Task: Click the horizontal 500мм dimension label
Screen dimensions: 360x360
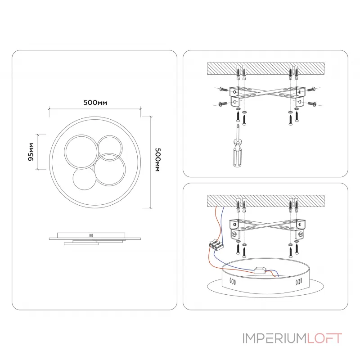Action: point(95,103)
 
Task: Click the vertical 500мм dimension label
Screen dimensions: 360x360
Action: point(158,160)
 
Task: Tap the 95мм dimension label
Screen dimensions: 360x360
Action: point(31,152)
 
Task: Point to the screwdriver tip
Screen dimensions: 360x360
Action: point(238,125)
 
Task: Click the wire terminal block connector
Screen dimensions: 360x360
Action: point(216,244)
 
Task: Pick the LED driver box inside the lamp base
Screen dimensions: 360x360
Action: point(260,270)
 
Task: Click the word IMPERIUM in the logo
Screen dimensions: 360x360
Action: point(274,338)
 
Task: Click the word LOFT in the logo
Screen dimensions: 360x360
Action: point(324,338)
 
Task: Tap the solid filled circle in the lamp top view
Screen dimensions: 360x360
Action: point(84,179)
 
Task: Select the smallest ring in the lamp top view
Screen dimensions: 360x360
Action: point(110,148)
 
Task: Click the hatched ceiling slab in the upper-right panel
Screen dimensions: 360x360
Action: point(265,68)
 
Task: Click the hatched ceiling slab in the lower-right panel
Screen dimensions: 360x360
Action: point(265,201)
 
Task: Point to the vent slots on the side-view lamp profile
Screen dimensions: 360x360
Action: point(91,235)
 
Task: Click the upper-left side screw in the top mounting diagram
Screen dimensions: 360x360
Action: point(224,89)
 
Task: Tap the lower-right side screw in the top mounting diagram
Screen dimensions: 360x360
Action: point(312,104)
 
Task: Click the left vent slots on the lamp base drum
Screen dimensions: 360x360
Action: point(233,281)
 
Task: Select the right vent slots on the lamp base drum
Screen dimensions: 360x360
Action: point(299,282)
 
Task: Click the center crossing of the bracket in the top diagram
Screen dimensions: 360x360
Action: point(267,94)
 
